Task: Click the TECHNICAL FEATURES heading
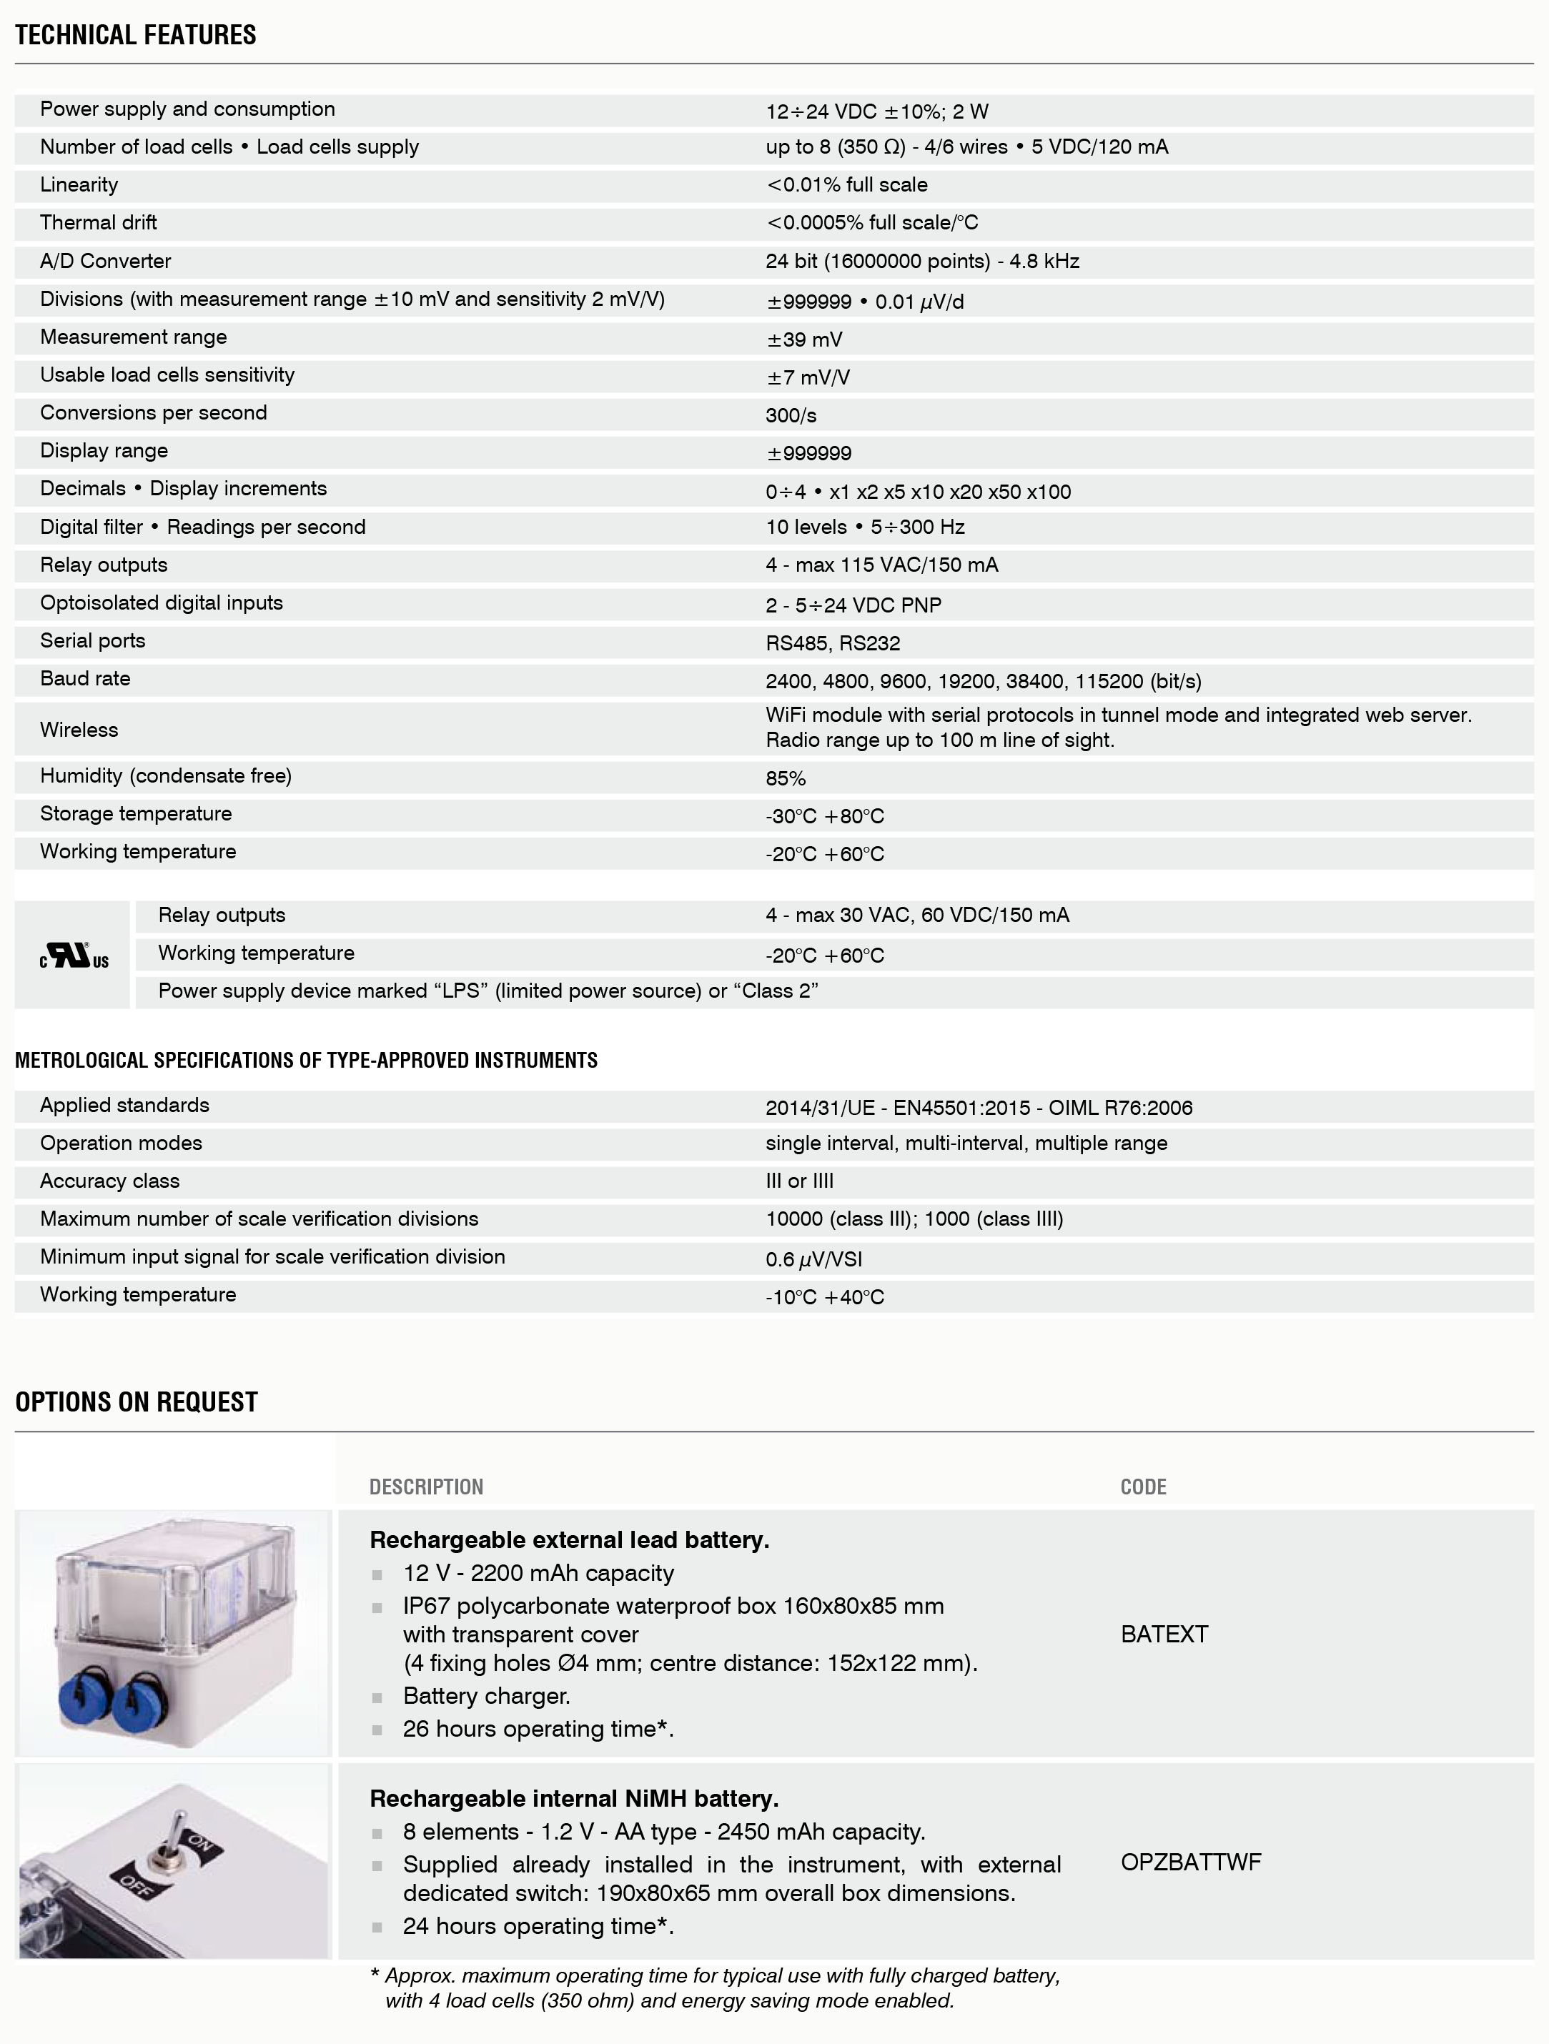tap(136, 35)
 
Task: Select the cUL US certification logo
tap(74, 956)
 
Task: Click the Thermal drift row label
tap(98, 223)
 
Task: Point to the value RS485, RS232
tap(832, 643)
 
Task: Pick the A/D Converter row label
tap(105, 262)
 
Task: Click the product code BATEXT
tap(1164, 1634)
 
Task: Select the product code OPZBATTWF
tap(1190, 1862)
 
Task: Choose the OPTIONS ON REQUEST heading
tap(137, 1401)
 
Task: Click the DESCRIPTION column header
tap(426, 1487)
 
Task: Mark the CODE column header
tap(1143, 1487)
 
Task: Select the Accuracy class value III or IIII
tap(799, 1181)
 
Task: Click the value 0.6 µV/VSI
tap(813, 1259)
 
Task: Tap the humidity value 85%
tap(786, 778)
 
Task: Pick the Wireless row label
tap(79, 730)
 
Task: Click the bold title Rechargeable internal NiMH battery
tap(574, 1798)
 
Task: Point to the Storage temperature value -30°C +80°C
tap(824, 816)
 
